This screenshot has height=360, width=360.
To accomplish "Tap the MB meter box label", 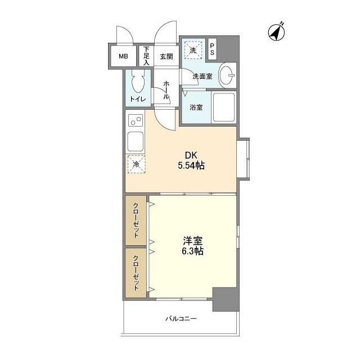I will pyautogui.click(x=123, y=56).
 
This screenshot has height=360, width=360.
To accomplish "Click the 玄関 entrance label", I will pyautogui.click(x=166, y=56).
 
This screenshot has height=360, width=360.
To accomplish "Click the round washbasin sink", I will pyautogui.click(x=228, y=75).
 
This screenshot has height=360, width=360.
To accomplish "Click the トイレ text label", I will pyautogui.click(x=138, y=100).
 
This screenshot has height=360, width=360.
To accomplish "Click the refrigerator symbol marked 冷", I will pyautogui.click(x=137, y=164).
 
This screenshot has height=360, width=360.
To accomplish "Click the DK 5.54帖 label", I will pyautogui.click(x=191, y=161).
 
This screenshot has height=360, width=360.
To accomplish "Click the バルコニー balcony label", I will pyautogui.click(x=181, y=319).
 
